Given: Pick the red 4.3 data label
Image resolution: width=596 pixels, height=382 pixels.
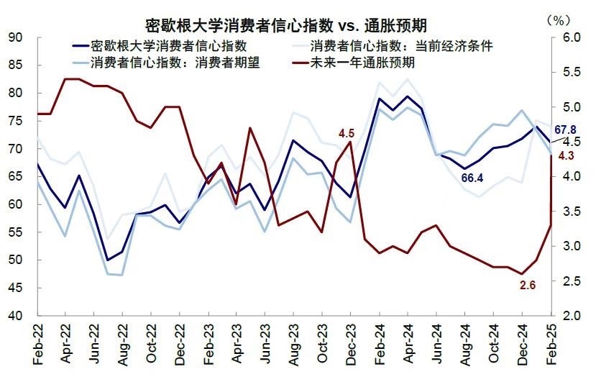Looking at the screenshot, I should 567,156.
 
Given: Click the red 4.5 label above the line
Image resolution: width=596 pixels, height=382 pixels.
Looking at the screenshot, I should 347,132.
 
